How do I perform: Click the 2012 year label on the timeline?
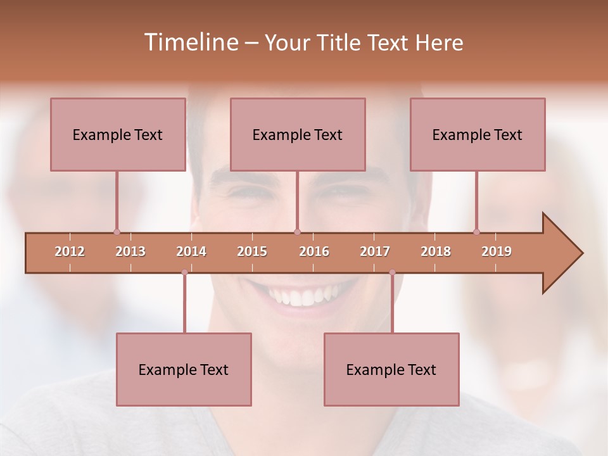[70, 251]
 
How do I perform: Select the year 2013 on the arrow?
[130, 251]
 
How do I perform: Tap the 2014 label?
[191, 251]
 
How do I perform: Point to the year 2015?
[252, 251]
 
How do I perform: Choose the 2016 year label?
[314, 251]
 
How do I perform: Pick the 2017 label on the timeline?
[375, 251]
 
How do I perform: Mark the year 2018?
[436, 251]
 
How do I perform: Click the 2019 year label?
[497, 251]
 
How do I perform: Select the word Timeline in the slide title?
[190, 42]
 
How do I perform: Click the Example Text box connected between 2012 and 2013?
[118, 134]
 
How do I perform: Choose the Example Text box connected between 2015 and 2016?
[298, 134]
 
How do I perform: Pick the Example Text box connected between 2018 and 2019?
[478, 134]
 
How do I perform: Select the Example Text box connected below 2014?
[184, 369]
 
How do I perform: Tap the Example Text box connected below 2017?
[391, 369]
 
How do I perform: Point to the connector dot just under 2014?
[184, 272]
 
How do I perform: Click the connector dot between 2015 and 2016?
[298, 232]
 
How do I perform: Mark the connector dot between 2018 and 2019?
[476, 232]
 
